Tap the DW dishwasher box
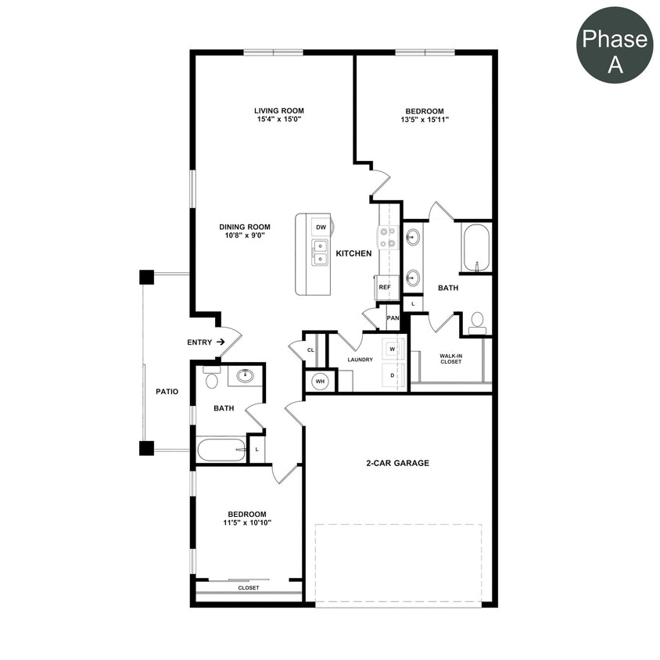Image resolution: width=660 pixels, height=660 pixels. (321, 228)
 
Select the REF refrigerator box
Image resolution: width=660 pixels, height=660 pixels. (385, 287)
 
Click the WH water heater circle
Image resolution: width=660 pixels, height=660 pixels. (319, 381)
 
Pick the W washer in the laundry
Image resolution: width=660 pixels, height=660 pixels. (393, 349)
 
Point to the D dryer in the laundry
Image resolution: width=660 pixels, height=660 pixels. (393, 375)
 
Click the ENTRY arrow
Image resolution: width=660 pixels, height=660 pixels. (221, 342)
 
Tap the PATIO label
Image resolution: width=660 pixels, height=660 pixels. (167, 392)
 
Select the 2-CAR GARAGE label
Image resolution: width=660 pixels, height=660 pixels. (397, 463)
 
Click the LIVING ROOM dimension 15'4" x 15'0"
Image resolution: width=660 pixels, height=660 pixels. (278, 120)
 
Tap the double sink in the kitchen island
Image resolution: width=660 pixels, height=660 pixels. (320, 253)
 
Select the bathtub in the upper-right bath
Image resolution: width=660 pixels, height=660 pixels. (475, 248)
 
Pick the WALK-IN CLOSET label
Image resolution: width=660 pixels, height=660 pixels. (450, 358)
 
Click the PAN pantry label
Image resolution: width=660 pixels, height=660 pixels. (393, 318)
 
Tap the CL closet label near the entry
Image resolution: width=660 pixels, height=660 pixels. (310, 350)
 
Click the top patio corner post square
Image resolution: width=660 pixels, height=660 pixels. (146, 277)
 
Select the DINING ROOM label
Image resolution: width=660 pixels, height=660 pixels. (245, 227)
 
